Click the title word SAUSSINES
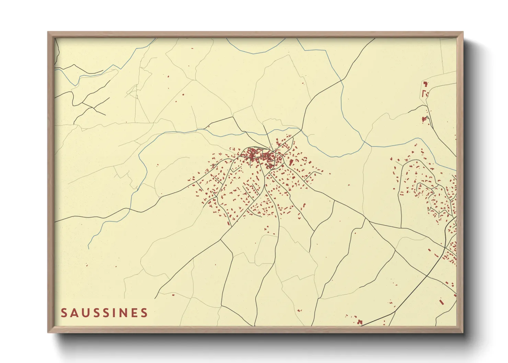[x=104, y=313]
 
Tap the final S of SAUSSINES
[x=144, y=313]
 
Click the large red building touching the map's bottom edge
[x=360, y=322]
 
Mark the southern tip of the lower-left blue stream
[x=89, y=248]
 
